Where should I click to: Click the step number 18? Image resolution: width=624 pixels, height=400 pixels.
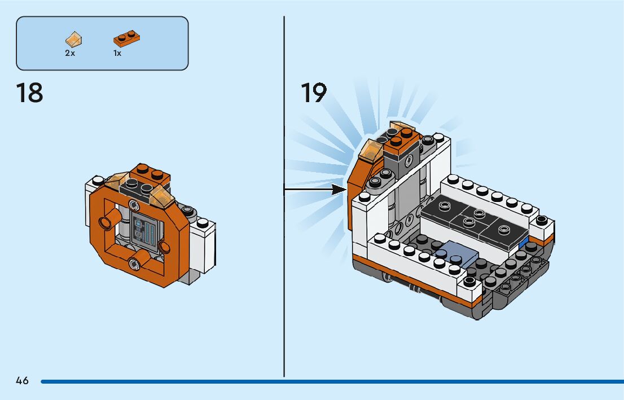[30, 93]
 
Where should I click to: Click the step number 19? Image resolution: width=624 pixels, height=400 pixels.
[313, 94]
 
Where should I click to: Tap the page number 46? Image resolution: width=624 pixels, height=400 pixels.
[22, 381]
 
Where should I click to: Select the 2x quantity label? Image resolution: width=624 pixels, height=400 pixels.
[70, 53]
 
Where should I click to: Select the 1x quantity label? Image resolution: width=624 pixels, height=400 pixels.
[117, 53]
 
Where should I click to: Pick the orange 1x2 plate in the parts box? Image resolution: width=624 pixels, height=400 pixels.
[126, 39]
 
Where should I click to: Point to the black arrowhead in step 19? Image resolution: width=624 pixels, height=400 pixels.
[338, 189]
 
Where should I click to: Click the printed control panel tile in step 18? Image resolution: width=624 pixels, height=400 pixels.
[146, 230]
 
